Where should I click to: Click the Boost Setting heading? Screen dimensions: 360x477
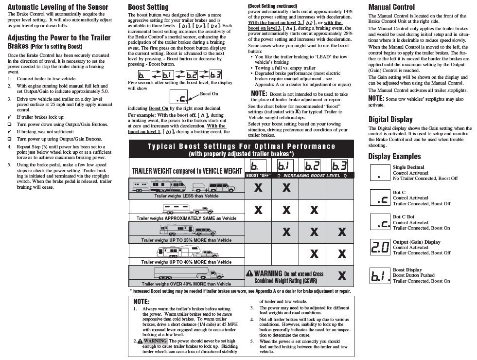coord(148,7)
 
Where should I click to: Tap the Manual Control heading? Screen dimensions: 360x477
coord(391,7)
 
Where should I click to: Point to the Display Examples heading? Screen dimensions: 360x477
coord(394,156)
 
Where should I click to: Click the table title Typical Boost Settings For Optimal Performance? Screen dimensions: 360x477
coord(242,146)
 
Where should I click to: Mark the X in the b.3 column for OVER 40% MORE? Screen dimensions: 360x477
coord(342,276)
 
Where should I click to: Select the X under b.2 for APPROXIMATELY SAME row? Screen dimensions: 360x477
coord(314,210)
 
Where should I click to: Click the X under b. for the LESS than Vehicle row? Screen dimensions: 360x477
coord(259,188)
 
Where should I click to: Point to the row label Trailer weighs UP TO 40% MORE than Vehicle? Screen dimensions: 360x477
coord(186,262)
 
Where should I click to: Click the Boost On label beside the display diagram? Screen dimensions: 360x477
coord(209,93)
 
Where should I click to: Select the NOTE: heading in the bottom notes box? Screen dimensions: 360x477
coord(141,302)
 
